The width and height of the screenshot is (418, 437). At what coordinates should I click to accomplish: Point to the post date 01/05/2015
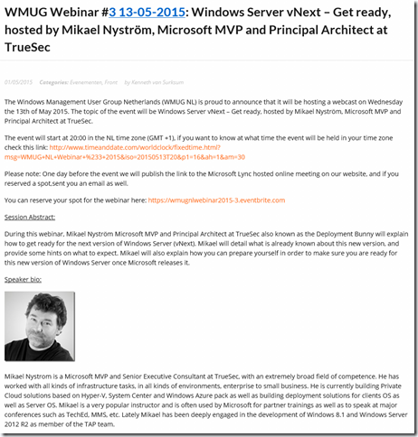(18, 80)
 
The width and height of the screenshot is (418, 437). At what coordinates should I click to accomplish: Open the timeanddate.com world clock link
(199, 149)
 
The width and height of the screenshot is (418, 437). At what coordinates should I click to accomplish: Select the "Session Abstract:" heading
(30, 218)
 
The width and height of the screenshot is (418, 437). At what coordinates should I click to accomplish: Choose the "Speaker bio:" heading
(24, 280)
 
